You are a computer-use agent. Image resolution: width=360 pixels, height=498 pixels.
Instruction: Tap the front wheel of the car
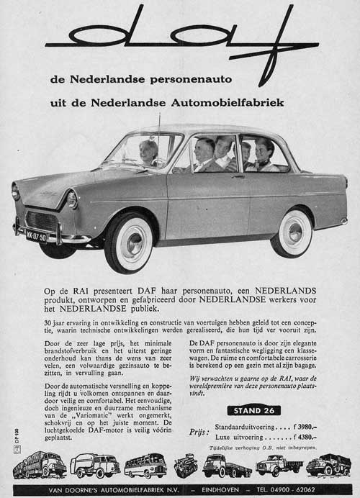129,242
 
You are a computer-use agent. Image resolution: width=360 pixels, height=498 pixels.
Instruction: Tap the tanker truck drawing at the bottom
95,466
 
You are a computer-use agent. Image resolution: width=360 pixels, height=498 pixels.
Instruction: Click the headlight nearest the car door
72,199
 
